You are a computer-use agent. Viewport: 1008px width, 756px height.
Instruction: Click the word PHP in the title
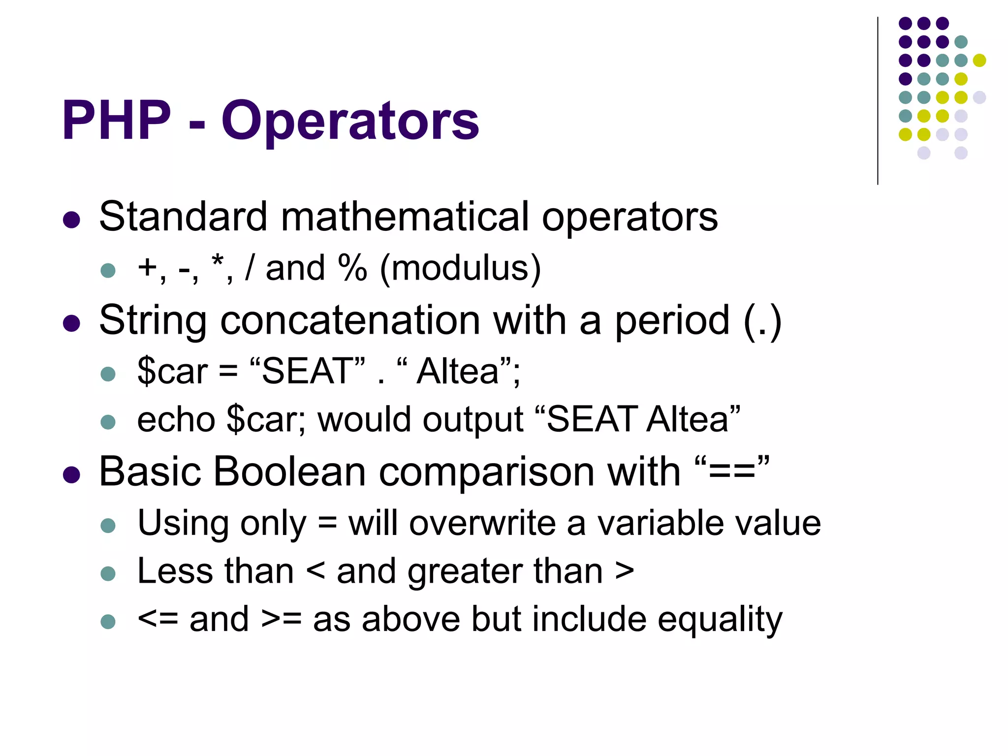pos(117,121)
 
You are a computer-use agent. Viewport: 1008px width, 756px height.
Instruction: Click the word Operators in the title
pos(350,122)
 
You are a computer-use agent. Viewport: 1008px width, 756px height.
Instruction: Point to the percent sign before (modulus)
pos(352,268)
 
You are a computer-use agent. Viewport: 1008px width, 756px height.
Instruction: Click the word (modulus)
pos(460,269)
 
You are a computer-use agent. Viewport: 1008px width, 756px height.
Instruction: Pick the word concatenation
pos(350,320)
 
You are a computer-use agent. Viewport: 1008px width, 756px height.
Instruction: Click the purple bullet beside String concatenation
pos(72,323)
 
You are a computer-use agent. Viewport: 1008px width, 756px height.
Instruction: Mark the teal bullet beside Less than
pos(108,573)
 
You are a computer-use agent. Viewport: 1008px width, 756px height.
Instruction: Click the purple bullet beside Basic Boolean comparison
pos(72,475)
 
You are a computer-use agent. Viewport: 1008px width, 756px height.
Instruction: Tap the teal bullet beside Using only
pos(108,525)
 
